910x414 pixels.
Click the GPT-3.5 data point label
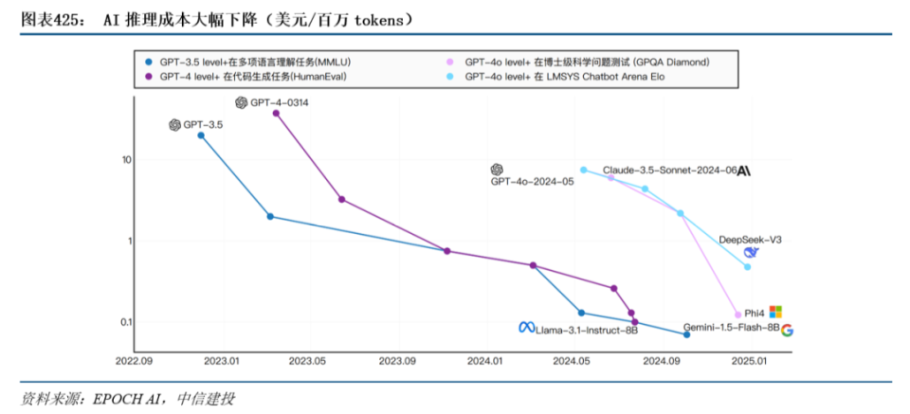pos(203,124)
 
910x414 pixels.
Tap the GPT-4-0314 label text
pos(279,102)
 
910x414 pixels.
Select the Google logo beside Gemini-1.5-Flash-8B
pos(787,331)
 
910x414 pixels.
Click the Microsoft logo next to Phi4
pos(776,312)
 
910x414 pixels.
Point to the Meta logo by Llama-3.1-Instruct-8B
pos(526,327)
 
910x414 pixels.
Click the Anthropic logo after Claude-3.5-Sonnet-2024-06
pos(744,171)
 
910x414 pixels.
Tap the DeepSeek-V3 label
pos(750,240)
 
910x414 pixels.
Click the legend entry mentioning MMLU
pos(250,62)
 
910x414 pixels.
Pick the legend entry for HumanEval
pos(246,77)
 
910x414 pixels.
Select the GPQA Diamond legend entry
pos(577,62)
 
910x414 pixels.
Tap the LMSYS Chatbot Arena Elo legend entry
pos(556,77)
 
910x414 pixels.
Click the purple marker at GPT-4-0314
pos(276,113)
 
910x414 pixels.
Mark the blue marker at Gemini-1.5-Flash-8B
pos(686,334)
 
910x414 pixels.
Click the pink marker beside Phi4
pos(738,315)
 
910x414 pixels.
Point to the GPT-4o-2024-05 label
pos(532,182)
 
